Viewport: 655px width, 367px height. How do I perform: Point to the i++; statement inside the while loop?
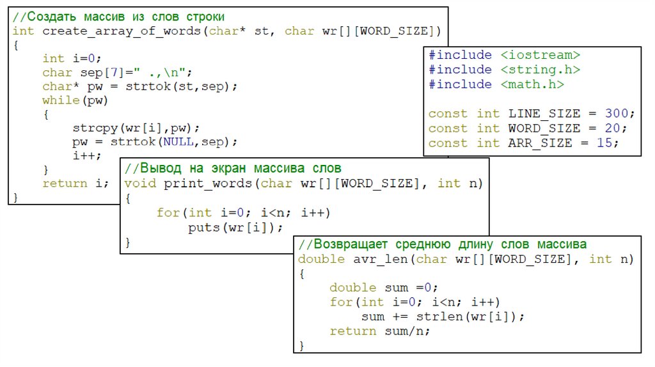tap(86, 155)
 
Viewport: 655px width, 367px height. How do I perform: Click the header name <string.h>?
tap(540, 70)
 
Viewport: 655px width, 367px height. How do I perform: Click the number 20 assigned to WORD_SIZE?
tap(613, 129)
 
